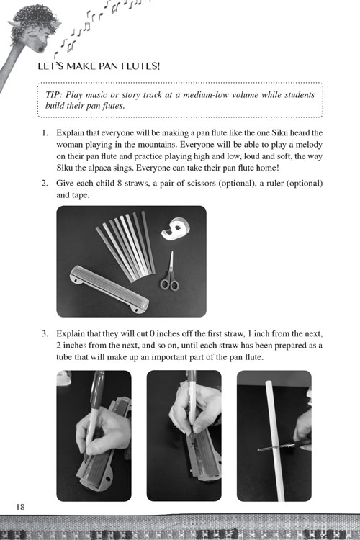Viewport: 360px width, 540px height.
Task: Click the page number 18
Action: pos(18,508)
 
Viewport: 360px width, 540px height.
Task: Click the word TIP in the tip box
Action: pos(55,95)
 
